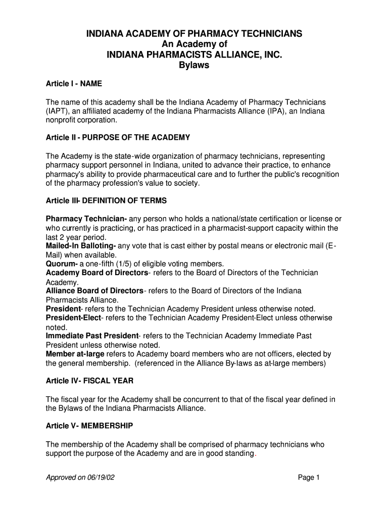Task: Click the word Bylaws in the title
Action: [x=194, y=66]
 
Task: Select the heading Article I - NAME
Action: [x=74, y=84]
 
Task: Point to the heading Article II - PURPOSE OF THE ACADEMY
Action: [x=118, y=137]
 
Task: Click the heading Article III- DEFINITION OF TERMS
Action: [x=106, y=201]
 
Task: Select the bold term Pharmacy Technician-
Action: [x=86, y=219]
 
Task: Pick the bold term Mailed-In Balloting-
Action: [x=81, y=246]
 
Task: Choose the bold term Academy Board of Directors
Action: [x=97, y=273]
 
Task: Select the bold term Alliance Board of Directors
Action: [x=94, y=291]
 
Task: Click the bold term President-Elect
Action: [x=74, y=318]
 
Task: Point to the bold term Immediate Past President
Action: [x=92, y=336]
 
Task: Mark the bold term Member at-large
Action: [x=75, y=354]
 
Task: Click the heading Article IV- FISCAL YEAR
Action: [x=89, y=381]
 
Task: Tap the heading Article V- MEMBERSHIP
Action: [x=89, y=426]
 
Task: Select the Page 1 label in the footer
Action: [x=309, y=478]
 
